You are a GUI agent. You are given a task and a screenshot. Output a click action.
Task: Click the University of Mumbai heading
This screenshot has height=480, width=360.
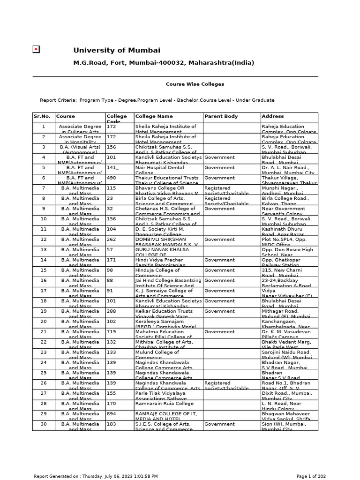click(x=116, y=50)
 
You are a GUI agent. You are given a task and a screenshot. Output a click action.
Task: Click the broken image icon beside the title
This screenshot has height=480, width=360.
click(x=36, y=49)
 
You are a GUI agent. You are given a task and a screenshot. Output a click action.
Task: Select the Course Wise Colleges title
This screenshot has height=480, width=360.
click(x=195, y=84)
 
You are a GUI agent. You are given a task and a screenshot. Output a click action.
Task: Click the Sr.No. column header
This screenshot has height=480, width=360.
click(x=43, y=116)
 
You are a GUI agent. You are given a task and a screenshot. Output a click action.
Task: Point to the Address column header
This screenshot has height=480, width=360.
click(x=272, y=116)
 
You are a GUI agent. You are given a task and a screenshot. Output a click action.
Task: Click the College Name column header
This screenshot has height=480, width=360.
click(x=154, y=116)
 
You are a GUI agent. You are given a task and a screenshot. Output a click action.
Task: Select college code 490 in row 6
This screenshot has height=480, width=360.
click(x=112, y=178)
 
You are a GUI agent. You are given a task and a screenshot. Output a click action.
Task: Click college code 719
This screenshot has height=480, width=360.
click(x=112, y=331)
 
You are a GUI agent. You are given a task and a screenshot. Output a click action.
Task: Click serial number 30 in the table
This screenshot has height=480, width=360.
click(x=44, y=424)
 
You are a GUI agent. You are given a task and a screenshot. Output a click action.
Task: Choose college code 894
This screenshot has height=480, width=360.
click(x=112, y=414)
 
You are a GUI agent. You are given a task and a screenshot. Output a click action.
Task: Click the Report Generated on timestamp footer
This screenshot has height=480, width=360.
click(x=96, y=476)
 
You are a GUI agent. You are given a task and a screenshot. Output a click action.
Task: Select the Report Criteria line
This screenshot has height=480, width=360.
click(x=157, y=100)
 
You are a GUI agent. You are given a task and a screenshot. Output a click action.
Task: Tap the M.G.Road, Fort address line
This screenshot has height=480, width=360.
click(x=164, y=63)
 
